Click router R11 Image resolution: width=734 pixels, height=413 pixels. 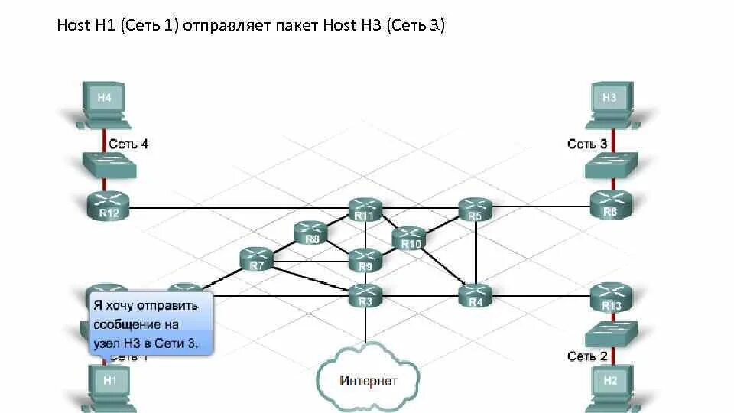pyautogui.click(x=365, y=209)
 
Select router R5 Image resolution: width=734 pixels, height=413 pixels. pyautogui.click(x=475, y=209)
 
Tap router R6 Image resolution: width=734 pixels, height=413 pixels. pyautogui.click(x=611, y=203)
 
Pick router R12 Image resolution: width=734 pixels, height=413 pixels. pyautogui.click(x=109, y=204)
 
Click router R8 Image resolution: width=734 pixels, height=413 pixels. pyautogui.click(x=310, y=232)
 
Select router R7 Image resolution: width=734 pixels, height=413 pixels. pyautogui.click(x=256, y=259)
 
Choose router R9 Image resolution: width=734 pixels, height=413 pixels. pyautogui.click(x=365, y=260)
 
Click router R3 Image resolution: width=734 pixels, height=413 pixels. pyautogui.click(x=365, y=294)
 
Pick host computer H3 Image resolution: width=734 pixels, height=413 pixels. pyautogui.click(x=609, y=103)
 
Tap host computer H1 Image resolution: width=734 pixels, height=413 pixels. pyautogui.click(x=110, y=382)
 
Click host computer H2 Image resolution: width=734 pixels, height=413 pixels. pyautogui.click(x=609, y=382)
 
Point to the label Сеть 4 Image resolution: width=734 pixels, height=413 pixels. pyautogui.click(x=128, y=143)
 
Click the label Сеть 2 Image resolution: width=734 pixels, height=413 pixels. pyautogui.click(x=587, y=356)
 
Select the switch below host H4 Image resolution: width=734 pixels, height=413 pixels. pyautogui.click(x=109, y=165)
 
